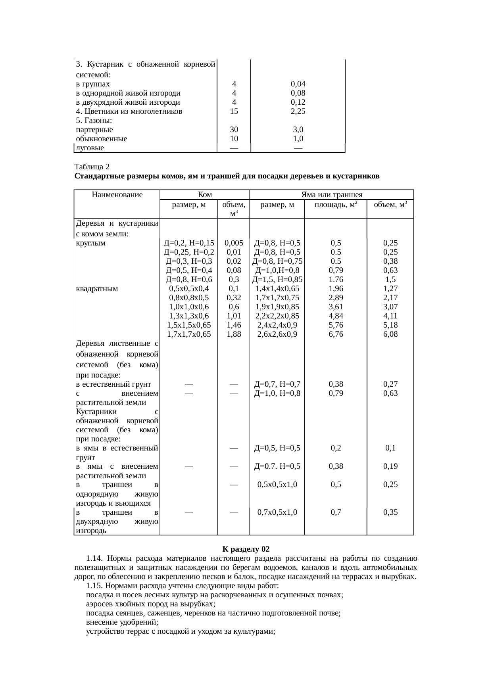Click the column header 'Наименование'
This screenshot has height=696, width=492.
(117, 195)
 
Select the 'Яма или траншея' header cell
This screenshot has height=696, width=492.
(332, 195)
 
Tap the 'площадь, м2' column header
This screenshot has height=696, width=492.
(336, 205)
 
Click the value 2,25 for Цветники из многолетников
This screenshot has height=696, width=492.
(298, 111)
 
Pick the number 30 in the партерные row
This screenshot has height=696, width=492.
(234, 130)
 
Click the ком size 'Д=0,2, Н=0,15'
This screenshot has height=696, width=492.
(189, 243)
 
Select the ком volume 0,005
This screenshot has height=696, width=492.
(234, 243)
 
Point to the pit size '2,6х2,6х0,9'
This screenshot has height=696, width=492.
(277, 334)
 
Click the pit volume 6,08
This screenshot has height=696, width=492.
(390, 334)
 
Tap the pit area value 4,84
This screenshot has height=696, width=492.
(336, 316)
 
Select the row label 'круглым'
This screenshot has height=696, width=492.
(90, 243)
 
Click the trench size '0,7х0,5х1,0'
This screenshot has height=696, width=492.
(277, 512)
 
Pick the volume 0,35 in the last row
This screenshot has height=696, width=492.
(390, 512)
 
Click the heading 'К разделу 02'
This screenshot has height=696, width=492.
(246, 549)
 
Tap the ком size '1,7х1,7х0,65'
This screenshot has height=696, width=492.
(189, 334)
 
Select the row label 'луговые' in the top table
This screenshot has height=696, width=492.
(90, 148)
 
